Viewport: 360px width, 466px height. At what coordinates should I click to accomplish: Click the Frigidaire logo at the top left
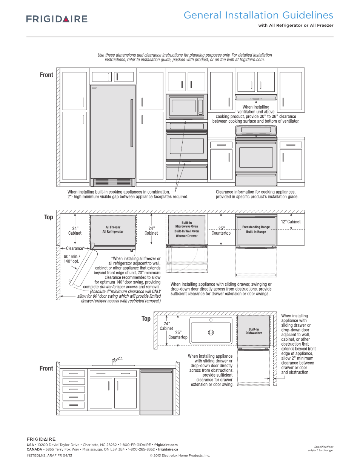[x=57, y=19]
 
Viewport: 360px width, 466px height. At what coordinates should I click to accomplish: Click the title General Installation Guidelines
[x=258, y=15]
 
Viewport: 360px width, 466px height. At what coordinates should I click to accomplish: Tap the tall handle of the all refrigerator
[x=132, y=123]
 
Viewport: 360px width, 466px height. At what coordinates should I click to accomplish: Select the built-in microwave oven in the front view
[x=186, y=106]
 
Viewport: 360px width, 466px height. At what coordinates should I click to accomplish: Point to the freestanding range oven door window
[x=256, y=157]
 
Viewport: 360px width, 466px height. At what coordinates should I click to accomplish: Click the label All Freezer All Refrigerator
[x=113, y=229]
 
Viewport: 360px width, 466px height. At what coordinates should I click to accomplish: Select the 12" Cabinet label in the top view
[x=291, y=222]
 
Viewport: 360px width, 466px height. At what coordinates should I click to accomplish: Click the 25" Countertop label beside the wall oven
[x=221, y=231]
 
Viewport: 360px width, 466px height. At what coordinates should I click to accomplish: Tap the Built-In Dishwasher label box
[x=254, y=331]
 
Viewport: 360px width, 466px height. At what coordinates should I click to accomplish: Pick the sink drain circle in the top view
[x=211, y=332]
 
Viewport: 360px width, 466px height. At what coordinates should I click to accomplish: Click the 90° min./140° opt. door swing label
[x=72, y=259]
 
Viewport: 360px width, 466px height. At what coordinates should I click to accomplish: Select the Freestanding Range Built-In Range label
[x=256, y=229]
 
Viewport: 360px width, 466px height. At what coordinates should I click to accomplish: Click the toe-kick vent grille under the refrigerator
[x=113, y=183]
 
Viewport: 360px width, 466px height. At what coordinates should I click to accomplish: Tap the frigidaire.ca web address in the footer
[x=168, y=449]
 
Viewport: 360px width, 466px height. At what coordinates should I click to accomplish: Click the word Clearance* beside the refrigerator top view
[x=75, y=248]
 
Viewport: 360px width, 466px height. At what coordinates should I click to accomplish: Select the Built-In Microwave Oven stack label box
[x=186, y=229]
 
